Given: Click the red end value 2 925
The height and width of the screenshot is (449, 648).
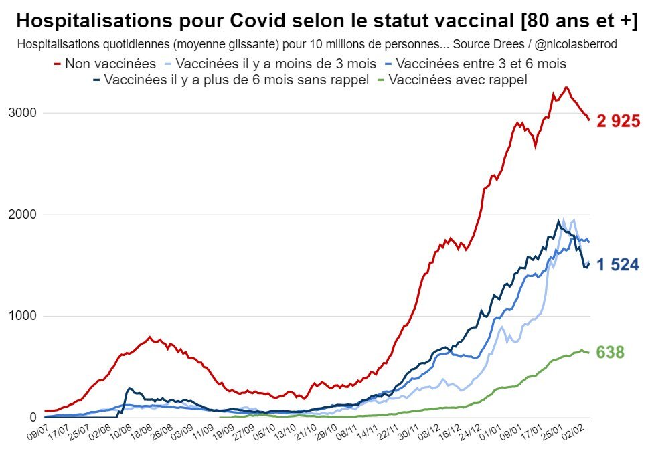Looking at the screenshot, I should pos(618,121).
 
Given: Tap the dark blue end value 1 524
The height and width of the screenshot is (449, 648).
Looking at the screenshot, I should pos(618,265).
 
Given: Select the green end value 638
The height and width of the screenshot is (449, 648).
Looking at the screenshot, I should pos(610,352).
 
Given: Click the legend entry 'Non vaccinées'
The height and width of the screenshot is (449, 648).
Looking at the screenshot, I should pos(110,64).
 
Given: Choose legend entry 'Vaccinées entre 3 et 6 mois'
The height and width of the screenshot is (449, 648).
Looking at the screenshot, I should pos(481,64).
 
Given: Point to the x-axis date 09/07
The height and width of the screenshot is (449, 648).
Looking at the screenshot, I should pos(37,432).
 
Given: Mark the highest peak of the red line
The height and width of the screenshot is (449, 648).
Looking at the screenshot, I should pos(566,87).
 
